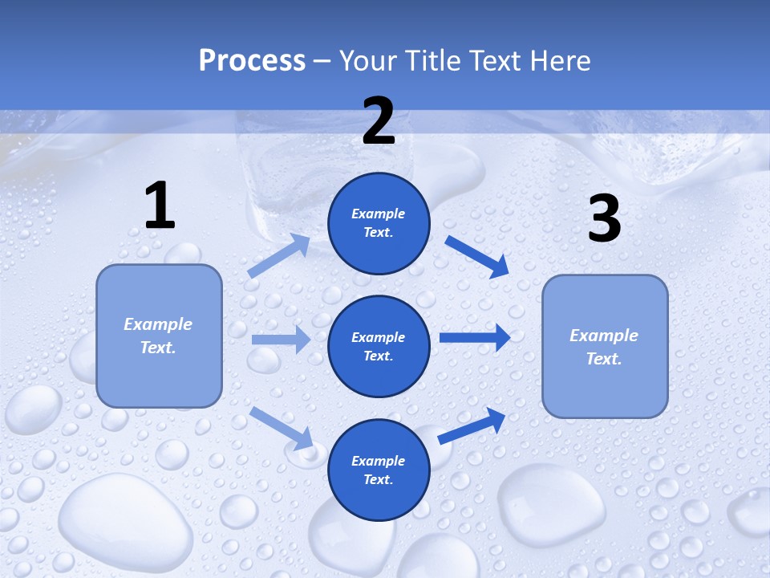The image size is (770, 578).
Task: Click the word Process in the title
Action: point(252,61)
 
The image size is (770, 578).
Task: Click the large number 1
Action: point(160,206)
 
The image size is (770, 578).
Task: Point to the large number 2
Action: point(379,121)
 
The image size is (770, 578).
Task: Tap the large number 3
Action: point(605,219)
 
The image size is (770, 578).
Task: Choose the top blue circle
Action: point(379,223)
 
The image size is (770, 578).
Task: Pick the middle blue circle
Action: point(379,346)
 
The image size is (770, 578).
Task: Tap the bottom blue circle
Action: point(379,470)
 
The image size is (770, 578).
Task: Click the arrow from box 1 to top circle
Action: point(279,256)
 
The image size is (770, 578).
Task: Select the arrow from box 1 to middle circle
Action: point(281,340)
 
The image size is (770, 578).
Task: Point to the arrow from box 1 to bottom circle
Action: point(282,427)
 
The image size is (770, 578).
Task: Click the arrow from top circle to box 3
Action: point(477,256)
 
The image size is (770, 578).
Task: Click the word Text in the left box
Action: point(157,348)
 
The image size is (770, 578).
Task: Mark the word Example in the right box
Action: point(604,336)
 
